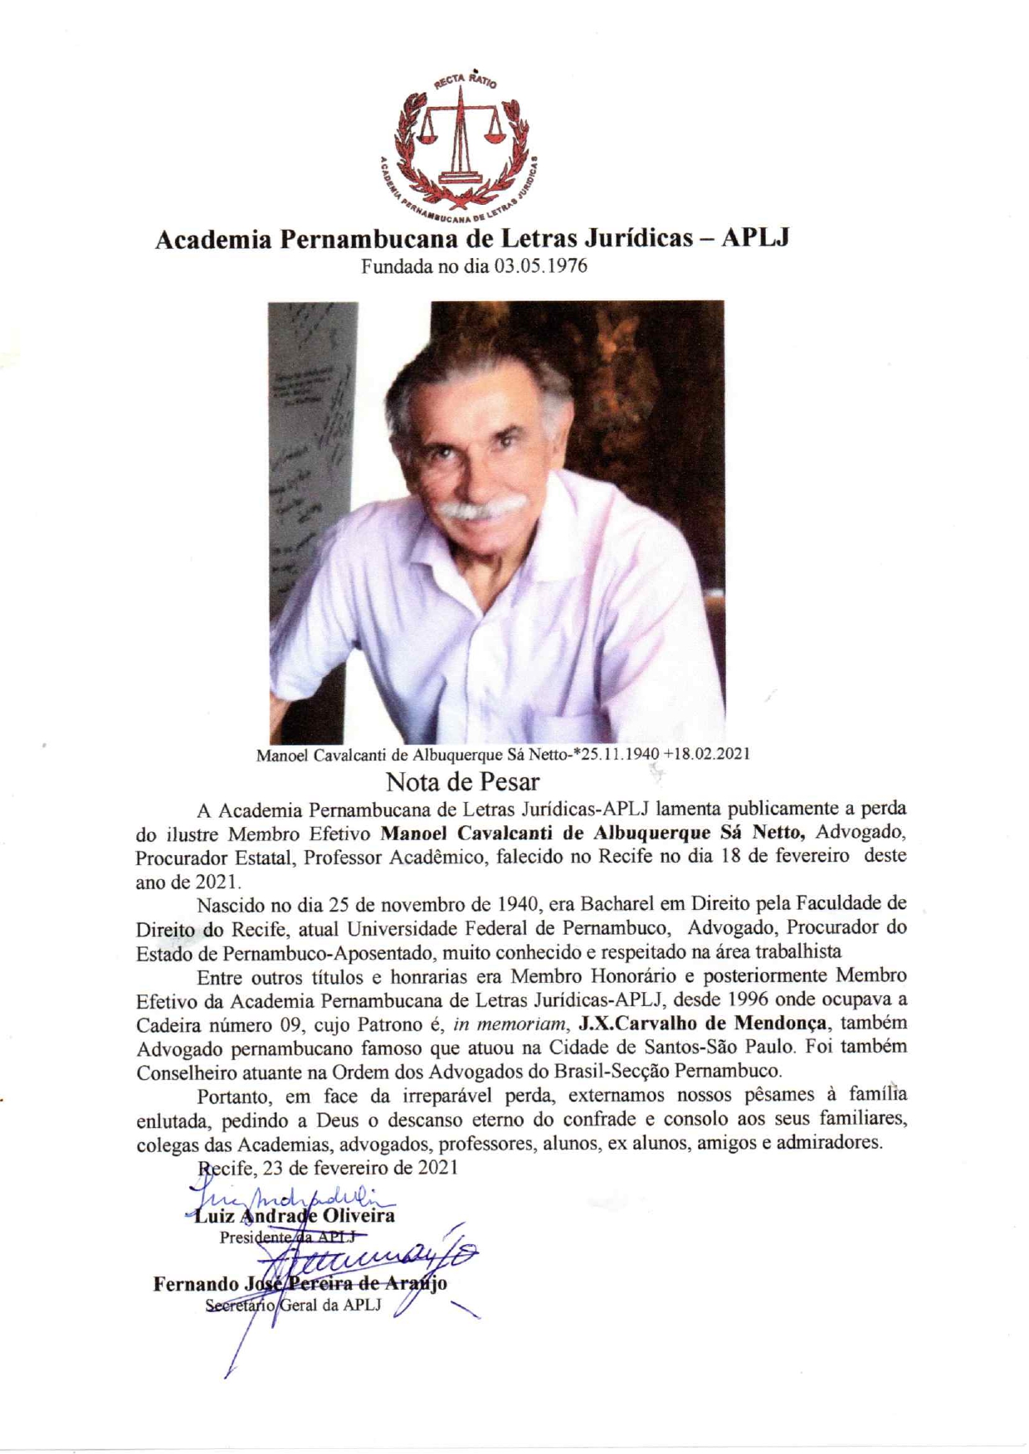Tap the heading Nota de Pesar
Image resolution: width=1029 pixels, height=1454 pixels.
(x=462, y=781)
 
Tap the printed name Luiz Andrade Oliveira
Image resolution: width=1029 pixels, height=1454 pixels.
(x=295, y=1217)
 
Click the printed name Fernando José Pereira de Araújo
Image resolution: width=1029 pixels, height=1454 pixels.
(x=300, y=1284)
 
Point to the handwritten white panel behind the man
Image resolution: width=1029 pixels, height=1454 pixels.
(x=311, y=464)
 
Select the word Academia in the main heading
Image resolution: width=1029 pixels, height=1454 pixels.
(x=213, y=239)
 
